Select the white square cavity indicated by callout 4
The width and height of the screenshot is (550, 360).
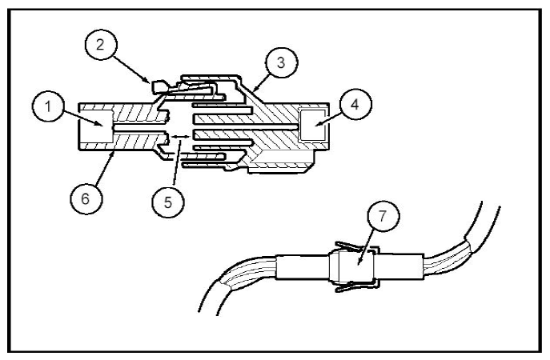point(312,125)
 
